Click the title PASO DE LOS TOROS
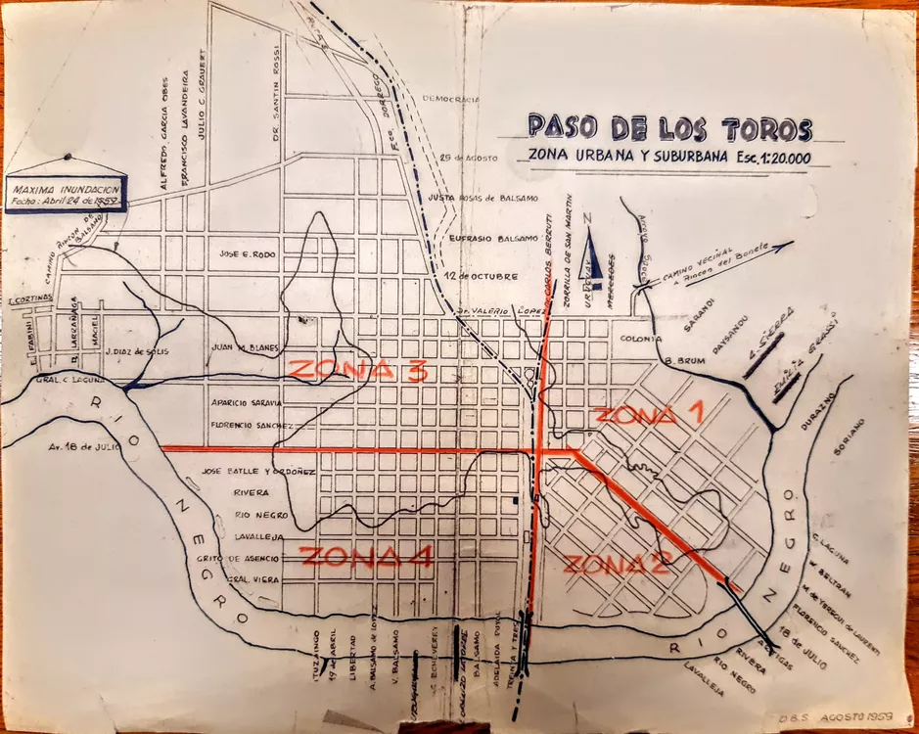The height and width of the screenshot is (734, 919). coord(669,127)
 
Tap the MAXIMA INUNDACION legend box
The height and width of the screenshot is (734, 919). coord(67,191)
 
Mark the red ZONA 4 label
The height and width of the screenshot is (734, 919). coord(367,558)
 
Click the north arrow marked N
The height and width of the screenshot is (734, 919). coord(588,256)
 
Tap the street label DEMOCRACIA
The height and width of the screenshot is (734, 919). coord(450,100)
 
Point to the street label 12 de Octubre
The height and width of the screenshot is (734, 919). coord(478,276)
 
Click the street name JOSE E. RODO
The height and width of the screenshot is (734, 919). coord(250,253)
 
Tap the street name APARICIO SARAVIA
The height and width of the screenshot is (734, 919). coord(246,402)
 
